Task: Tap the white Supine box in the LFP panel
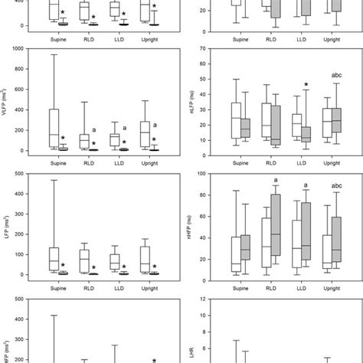(54, 258)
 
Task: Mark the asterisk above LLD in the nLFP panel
(306, 85)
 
